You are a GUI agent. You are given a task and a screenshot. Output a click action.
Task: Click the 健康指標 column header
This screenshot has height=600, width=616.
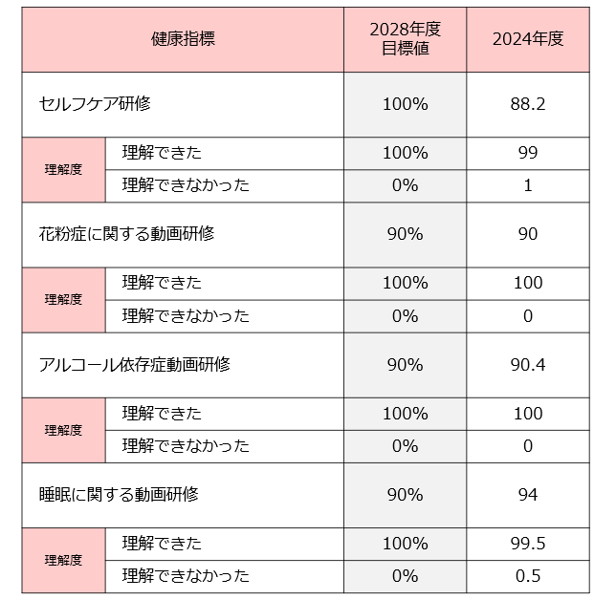pyautogui.click(x=183, y=39)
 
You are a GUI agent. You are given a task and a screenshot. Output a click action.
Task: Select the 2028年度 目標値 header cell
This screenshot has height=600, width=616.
pyautogui.click(x=405, y=39)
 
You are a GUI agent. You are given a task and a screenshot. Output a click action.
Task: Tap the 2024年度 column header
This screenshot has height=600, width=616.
pyautogui.click(x=528, y=39)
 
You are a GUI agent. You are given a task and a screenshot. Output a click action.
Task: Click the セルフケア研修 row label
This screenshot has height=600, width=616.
pyautogui.click(x=95, y=103)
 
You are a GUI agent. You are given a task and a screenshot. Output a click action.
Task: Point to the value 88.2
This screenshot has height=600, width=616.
pyautogui.click(x=528, y=104)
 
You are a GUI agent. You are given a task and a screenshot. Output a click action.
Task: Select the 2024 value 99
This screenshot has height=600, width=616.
pyautogui.click(x=528, y=153)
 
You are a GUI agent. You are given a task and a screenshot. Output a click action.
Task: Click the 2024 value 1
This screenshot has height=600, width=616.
pyautogui.click(x=528, y=185)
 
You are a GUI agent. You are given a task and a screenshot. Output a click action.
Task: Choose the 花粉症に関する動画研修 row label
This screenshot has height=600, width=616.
pyautogui.click(x=126, y=234)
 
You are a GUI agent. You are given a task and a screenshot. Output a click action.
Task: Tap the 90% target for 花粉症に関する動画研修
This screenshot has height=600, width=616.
pyautogui.click(x=405, y=234)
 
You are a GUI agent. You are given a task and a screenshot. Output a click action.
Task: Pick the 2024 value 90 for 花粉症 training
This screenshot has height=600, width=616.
pyautogui.click(x=528, y=234)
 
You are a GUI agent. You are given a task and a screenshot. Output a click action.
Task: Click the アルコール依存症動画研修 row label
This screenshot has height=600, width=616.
pyautogui.click(x=134, y=364)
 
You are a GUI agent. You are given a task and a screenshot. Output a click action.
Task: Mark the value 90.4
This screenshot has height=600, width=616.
pyautogui.click(x=528, y=364)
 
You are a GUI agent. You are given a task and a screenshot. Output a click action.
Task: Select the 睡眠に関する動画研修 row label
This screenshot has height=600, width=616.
pyautogui.click(x=119, y=494)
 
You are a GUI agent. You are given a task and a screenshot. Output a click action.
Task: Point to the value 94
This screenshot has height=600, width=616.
pyautogui.click(x=528, y=494)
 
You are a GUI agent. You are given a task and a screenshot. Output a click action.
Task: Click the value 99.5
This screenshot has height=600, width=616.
pyautogui.click(x=528, y=543)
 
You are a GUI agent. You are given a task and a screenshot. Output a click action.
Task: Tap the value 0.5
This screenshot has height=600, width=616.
pyautogui.click(x=528, y=575)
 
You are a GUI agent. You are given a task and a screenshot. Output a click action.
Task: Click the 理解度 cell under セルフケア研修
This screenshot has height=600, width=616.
pyautogui.click(x=63, y=169)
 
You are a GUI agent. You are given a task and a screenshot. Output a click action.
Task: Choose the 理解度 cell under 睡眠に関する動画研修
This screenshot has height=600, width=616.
pyautogui.click(x=63, y=560)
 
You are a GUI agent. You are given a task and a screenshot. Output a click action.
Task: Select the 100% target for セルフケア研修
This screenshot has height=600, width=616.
pyautogui.click(x=405, y=104)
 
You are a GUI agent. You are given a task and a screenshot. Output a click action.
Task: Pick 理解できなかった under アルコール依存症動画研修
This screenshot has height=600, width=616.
pyautogui.click(x=186, y=445)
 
